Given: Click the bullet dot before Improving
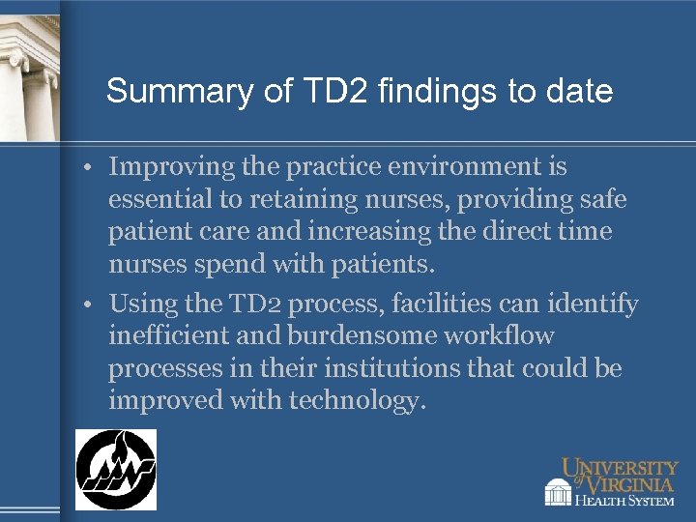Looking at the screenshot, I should click(87, 167).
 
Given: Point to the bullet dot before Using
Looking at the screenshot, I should click(87, 304).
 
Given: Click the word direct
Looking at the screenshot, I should click(511, 233).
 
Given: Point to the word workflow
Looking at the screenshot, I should click(506, 336).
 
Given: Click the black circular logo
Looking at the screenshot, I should click(116, 469).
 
